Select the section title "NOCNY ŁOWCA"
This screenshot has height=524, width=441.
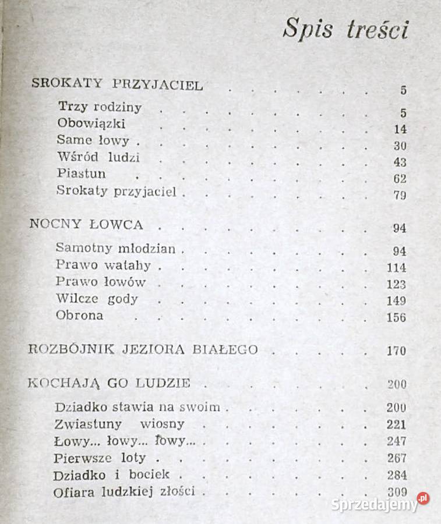86,225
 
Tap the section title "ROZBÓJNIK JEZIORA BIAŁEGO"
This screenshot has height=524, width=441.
143,350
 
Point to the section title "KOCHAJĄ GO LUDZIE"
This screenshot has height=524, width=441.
110,383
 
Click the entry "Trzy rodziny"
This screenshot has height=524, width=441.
100,107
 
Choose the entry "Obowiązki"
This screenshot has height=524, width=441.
91,123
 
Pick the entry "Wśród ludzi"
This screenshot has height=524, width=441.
98,157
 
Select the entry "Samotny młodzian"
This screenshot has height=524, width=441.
115,248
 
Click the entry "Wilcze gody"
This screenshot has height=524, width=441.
97,299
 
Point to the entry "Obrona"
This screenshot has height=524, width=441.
80,316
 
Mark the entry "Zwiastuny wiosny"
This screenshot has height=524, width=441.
119,423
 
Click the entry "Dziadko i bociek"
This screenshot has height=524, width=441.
111,475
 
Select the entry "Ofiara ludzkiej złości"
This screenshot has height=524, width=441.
124,491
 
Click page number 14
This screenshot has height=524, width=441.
400,129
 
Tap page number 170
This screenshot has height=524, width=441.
396,351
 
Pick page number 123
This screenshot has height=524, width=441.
396,285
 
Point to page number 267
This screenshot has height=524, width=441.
396,458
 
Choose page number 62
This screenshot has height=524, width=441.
400,179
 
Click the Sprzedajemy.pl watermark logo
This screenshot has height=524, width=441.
380,503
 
